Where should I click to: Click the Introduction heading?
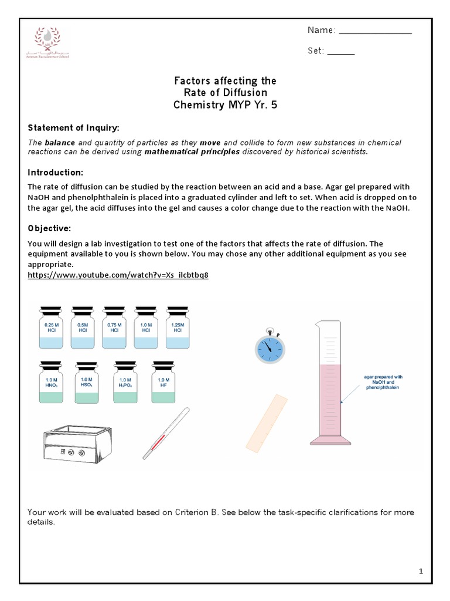coord(56,173)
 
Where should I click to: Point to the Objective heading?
coord(51,228)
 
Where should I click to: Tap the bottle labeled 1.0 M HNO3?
coord(51,382)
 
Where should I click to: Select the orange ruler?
coord(266,423)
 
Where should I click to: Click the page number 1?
coord(421,570)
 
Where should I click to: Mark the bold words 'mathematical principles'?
coord(193,151)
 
